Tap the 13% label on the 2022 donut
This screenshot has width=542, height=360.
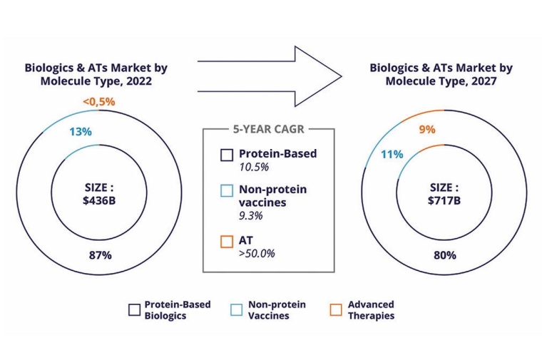click(x=79, y=131)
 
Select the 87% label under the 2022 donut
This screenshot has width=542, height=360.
click(x=100, y=254)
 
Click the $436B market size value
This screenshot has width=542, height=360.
click(x=100, y=200)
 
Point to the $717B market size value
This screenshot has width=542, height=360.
click(x=444, y=200)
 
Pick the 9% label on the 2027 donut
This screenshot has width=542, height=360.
click(x=427, y=130)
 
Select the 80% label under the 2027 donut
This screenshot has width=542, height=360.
click(x=444, y=254)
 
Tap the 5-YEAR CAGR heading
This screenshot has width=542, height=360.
click(x=268, y=130)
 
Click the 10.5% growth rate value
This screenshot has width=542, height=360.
click(x=250, y=166)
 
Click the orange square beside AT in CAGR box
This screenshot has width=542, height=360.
click(x=226, y=242)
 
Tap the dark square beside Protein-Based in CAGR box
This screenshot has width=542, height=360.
click(x=226, y=155)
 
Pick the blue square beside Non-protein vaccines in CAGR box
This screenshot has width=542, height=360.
click(x=226, y=190)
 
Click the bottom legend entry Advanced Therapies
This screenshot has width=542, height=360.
click(x=370, y=310)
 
